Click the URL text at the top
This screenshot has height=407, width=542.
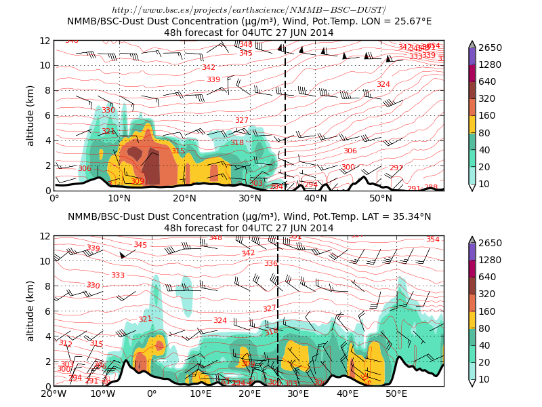click(x=249, y=10)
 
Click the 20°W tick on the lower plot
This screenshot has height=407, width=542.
click(x=54, y=393)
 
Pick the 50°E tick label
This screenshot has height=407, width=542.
click(x=396, y=393)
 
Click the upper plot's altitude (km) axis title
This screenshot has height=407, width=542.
click(x=30, y=115)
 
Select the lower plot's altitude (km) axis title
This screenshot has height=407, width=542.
click(x=30, y=311)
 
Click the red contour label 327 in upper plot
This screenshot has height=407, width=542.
click(x=242, y=120)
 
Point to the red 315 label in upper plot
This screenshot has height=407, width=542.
click(x=178, y=151)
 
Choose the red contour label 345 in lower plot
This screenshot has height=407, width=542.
click(x=140, y=245)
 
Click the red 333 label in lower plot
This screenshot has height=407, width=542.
click(x=118, y=275)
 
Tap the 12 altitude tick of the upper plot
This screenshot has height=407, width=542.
click(x=45, y=41)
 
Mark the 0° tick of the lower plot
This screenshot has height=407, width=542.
click(x=152, y=393)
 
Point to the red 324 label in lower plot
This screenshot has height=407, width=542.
click(x=220, y=320)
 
